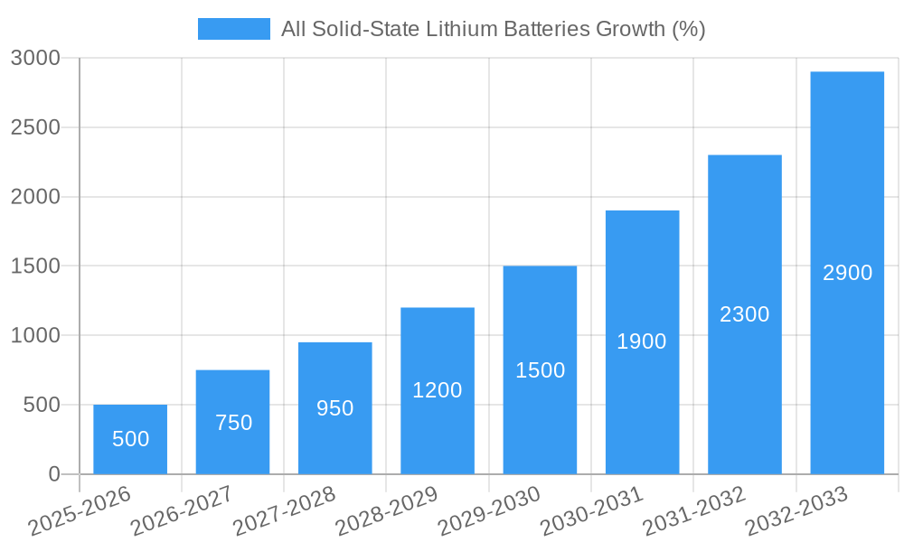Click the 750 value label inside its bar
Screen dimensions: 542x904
pos(234,423)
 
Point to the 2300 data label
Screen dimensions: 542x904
pos(745,314)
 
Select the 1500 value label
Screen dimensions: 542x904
pos(541,370)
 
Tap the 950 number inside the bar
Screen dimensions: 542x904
pos(335,408)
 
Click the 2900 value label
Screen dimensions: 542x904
pos(847,273)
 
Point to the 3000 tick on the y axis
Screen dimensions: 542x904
pos(35,59)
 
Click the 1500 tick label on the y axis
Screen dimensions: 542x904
pos(35,266)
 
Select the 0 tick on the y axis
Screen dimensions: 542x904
pos(53,474)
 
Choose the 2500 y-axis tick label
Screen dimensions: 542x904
pos(35,127)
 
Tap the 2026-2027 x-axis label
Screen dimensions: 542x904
pos(181,510)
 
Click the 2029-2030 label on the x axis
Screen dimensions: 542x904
pos(489,510)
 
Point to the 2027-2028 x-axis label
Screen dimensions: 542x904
pos(284,510)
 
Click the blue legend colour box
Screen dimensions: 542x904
pos(233,29)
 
